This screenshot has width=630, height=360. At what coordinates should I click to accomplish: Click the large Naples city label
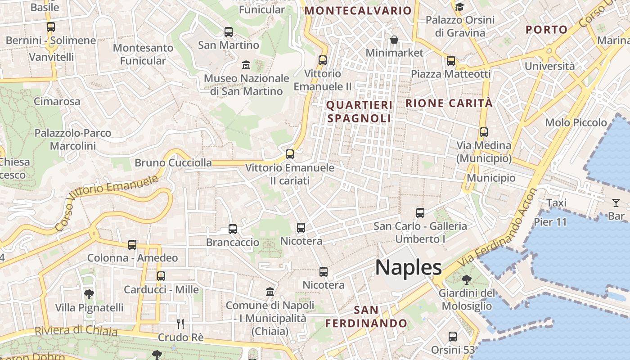point(409,267)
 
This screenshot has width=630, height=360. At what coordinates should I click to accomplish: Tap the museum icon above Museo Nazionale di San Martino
point(246,65)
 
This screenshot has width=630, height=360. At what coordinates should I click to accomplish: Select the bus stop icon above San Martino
point(229,32)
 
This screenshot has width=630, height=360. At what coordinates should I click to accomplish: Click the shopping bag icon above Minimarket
point(394,40)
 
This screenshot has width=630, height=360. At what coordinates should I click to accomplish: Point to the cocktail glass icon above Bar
point(616,203)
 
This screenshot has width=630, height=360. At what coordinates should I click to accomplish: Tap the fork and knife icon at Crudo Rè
point(180,324)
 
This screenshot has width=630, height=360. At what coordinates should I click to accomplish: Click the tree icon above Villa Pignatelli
point(89,294)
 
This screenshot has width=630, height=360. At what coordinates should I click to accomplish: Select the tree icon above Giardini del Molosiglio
point(467,280)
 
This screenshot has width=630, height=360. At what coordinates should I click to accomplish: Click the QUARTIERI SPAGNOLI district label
point(359,112)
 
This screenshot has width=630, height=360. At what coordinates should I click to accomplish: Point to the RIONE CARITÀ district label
point(449,103)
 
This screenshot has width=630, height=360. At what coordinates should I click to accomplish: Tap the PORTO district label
point(547,30)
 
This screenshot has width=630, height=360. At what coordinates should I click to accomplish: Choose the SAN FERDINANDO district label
point(366,317)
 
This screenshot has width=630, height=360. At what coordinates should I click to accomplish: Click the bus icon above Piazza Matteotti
point(451,61)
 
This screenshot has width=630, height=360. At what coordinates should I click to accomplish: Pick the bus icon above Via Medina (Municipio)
point(484,132)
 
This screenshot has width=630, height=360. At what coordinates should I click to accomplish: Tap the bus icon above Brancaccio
point(233,229)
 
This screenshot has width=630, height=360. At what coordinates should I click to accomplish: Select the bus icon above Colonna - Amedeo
point(132,245)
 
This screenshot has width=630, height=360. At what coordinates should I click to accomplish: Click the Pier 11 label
point(550,222)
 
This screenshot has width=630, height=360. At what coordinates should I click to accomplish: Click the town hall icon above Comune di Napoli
point(270,292)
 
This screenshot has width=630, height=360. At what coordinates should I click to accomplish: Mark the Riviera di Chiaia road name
point(76,331)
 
